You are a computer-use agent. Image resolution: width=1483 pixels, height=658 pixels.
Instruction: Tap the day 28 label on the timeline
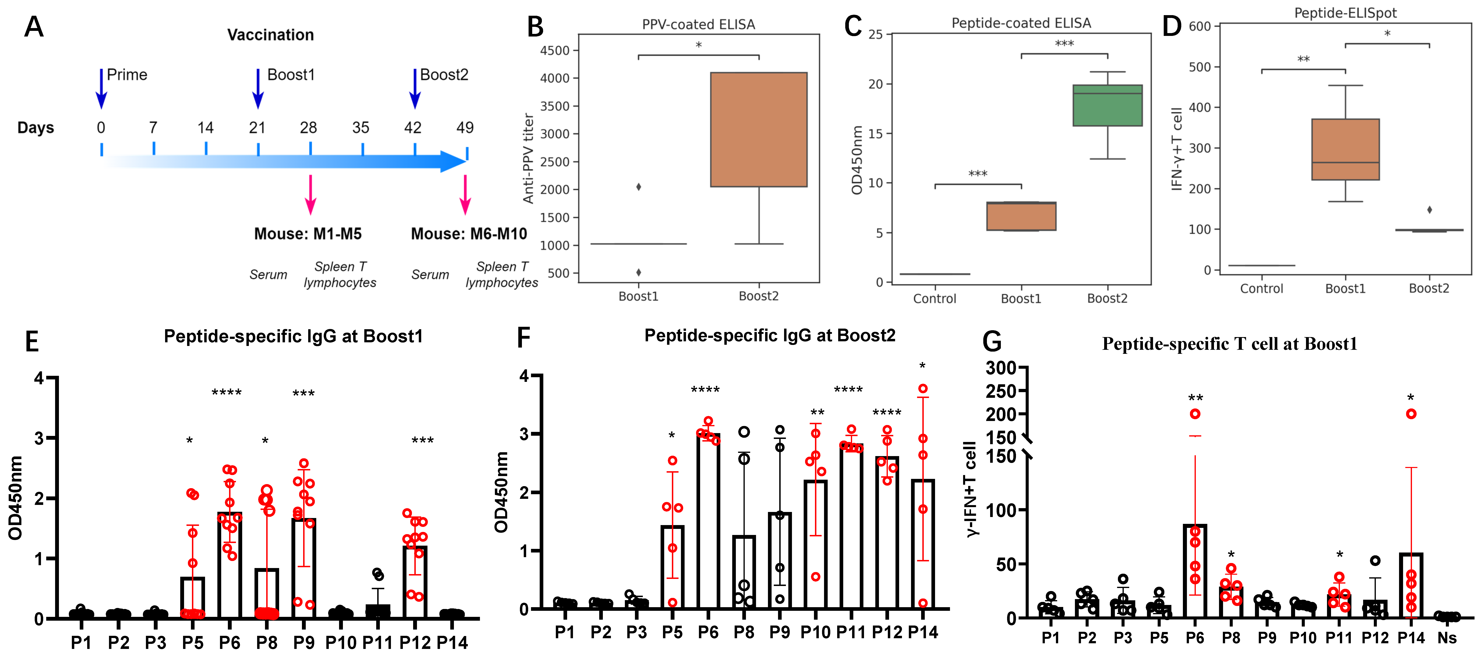pyautogui.click(x=309, y=128)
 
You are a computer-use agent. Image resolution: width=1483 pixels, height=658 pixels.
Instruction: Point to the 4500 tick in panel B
pyautogui.click(x=554, y=51)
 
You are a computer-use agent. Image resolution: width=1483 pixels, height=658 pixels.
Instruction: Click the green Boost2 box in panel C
pyautogui.click(x=1107, y=105)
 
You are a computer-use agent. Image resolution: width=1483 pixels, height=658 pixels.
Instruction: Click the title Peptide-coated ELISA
pyautogui.click(x=1021, y=23)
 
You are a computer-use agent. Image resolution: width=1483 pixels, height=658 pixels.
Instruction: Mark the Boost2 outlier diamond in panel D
pyautogui.click(x=1430, y=210)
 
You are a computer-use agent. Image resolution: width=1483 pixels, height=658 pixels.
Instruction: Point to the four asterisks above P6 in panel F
pyautogui.click(x=705, y=390)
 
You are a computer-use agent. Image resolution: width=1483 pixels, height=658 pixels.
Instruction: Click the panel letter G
pyautogui.click(x=992, y=342)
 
